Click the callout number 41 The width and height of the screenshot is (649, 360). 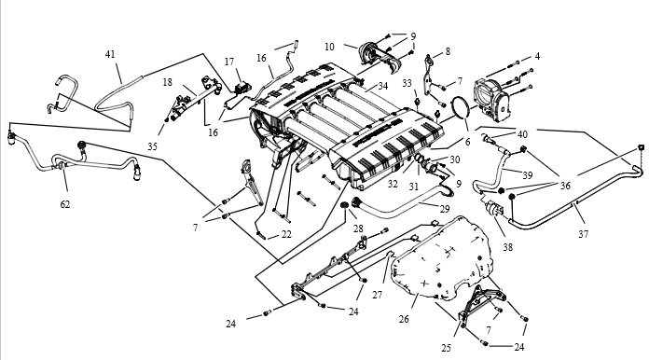tap(110, 55)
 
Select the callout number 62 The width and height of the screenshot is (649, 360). tap(65, 204)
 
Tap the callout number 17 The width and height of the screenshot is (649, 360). tap(229, 62)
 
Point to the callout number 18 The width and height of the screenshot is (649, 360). tap(167, 82)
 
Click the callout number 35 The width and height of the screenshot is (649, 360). tap(152, 146)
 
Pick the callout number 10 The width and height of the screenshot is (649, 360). tap(329, 47)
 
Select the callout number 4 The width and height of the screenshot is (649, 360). tap(537, 56)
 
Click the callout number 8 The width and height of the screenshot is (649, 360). tap(448, 51)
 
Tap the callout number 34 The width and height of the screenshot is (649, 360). tap(383, 86)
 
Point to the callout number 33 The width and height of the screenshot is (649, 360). tap(407, 84)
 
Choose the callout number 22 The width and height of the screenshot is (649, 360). tap(286, 235)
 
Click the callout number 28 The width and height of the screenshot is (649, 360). tap(358, 228)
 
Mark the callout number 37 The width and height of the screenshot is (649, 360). tap(583, 235)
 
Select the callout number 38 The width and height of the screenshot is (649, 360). tap(508, 247)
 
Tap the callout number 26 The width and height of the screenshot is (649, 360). tap(404, 319)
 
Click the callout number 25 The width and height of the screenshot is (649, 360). tap(446, 349)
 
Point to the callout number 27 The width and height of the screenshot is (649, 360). tap(377, 295)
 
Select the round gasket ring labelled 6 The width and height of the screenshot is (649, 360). tap(452, 107)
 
